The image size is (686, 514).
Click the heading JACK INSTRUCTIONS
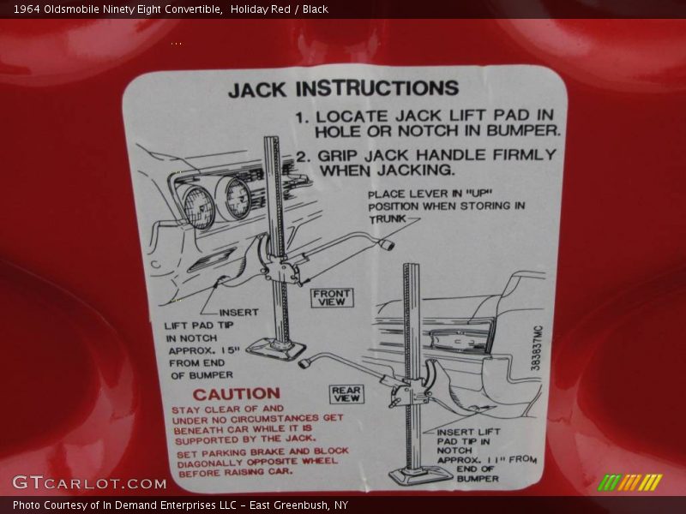tap(344, 89)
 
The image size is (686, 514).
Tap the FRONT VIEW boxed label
tap(332, 297)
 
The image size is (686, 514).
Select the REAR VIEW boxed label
tap(346, 394)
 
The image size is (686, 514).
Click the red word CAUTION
tap(237, 394)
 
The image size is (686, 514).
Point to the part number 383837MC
tap(537, 349)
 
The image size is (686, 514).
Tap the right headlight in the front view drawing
tap(238, 199)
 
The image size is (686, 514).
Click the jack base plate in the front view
tap(275, 349)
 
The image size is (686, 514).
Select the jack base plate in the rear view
tap(417, 475)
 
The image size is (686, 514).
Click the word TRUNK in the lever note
tap(388, 218)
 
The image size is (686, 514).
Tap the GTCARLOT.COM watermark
tap(89, 483)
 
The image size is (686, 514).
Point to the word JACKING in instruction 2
tap(416, 170)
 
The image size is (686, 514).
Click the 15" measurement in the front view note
tap(231, 350)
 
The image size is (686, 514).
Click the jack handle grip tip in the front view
tap(388, 244)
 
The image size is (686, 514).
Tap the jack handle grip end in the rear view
tap(305, 362)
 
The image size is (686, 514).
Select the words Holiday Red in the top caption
tap(261, 9)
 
